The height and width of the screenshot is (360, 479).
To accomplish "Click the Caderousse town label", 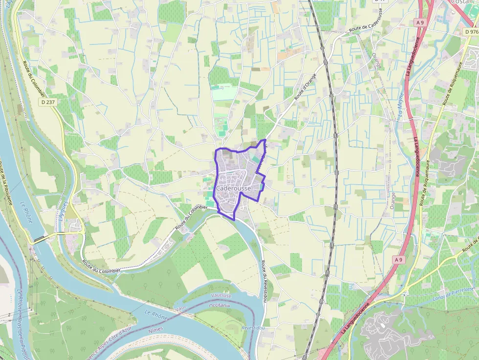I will coord(233,189).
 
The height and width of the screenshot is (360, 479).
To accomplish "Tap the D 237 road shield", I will coord(48,102).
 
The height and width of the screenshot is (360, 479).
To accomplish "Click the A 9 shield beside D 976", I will coord(420,22).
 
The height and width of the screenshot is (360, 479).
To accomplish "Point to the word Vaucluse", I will coord(221,296).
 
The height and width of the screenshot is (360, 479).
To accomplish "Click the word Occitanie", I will coord(220,305).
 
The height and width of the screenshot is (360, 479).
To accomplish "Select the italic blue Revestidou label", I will coord(253,328).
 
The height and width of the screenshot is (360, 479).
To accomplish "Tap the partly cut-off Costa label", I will coord(459,2).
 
